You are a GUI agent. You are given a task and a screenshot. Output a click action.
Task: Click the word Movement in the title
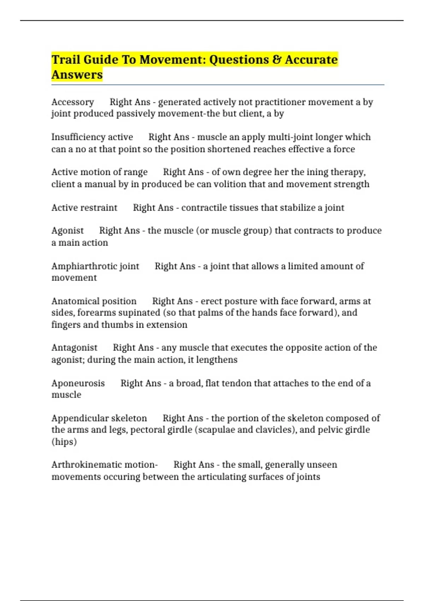pyautogui.click(x=171, y=59)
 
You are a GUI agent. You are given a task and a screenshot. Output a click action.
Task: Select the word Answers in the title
pyautogui.click(x=77, y=75)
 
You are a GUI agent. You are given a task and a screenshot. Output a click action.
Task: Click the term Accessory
pyautogui.click(x=72, y=102)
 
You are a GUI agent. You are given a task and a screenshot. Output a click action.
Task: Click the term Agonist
pyautogui.click(x=67, y=231)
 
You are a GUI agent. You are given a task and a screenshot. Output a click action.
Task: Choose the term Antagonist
pyautogui.click(x=74, y=348)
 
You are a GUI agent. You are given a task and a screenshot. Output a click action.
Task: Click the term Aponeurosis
pyautogui.click(x=78, y=383)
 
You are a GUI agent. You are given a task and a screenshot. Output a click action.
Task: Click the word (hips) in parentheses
pyautogui.click(x=64, y=442)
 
